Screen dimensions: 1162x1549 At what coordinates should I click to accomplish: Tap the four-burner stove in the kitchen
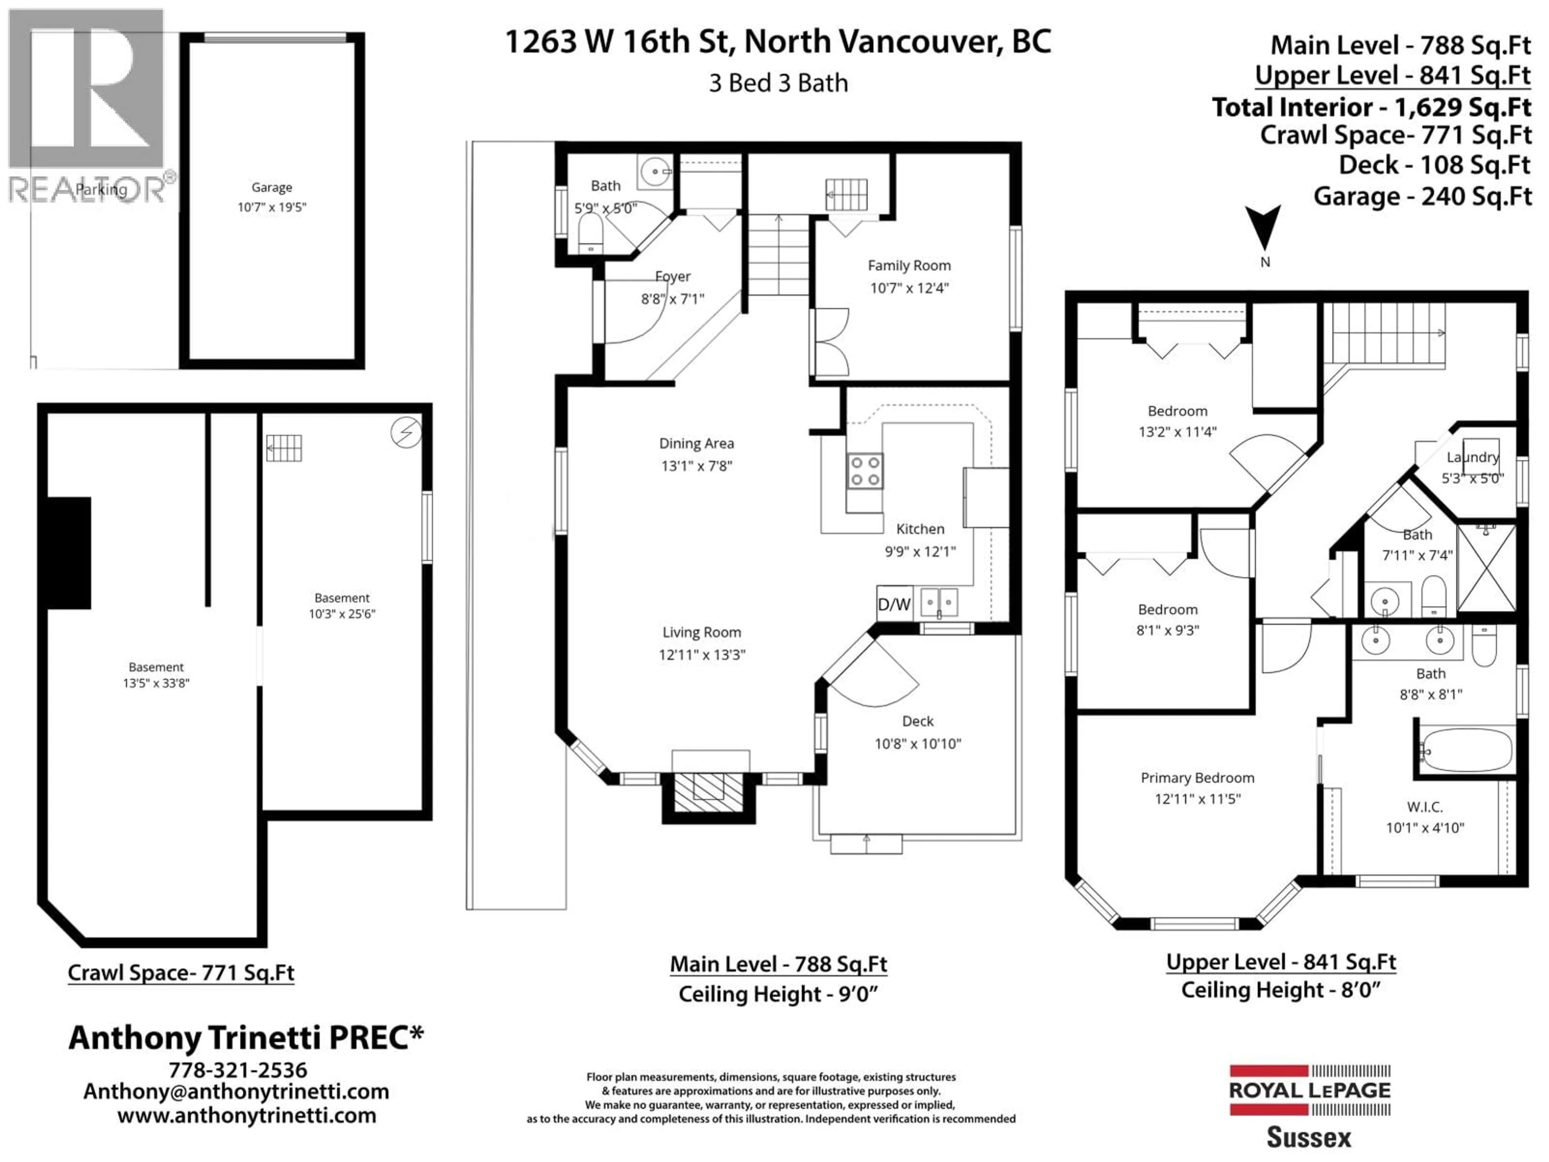(865, 471)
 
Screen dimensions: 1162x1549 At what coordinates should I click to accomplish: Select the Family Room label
(909, 265)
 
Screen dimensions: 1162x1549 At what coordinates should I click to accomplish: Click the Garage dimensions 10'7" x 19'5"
(272, 207)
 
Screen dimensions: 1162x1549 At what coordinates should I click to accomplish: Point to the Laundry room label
(1473, 458)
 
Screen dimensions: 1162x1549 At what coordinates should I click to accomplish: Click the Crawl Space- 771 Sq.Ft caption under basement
(181, 973)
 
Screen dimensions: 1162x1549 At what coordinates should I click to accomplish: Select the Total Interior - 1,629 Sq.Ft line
(1371, 107)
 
